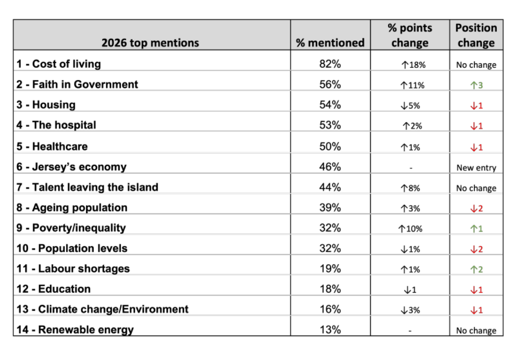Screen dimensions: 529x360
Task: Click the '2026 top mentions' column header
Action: (x=150, y=43)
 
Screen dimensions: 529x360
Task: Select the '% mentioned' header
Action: (x=330, y=43)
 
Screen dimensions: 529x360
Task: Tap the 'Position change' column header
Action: (x=476, y=35)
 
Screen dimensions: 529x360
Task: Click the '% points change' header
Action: (x=410, y=35)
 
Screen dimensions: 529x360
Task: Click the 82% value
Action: (x=330, y=64)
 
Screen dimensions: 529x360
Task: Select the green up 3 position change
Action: (x=476, y=85)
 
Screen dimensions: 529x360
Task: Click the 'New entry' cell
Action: (x=476, y=168)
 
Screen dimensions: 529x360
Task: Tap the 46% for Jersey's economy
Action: (x=330, y=167)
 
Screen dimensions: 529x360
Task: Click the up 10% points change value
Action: (x=410, y=229)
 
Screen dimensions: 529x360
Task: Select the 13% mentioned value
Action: (x=330, y=329)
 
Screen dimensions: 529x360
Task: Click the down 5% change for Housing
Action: (x=410, y=106)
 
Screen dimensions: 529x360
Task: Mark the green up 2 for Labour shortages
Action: (x=476, y=269)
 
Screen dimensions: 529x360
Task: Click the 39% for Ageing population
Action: (x=330, y=208)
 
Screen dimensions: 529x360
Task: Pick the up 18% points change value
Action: (x=413, y=65)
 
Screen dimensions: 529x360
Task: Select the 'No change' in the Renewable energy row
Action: (x=476, y=331)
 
